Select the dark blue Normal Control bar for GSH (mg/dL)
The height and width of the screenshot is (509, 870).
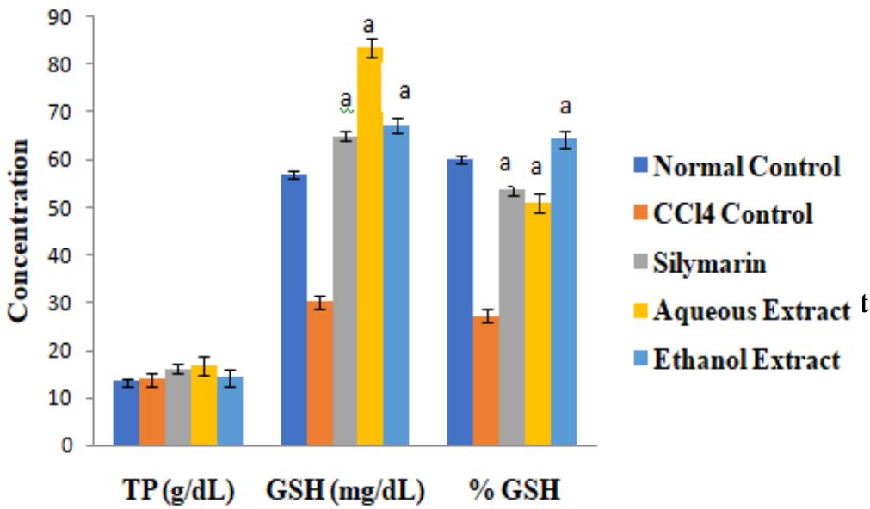[x=294, y=310]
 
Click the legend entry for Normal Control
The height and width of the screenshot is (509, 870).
[x=745, y=167]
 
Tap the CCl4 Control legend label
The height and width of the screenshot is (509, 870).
[x=731, y=214]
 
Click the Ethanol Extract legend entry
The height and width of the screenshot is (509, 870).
[x=745, y=359]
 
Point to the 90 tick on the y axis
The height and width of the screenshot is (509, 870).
[x=73, y=16]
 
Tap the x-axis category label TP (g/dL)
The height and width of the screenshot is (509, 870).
[x=178, y=493]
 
